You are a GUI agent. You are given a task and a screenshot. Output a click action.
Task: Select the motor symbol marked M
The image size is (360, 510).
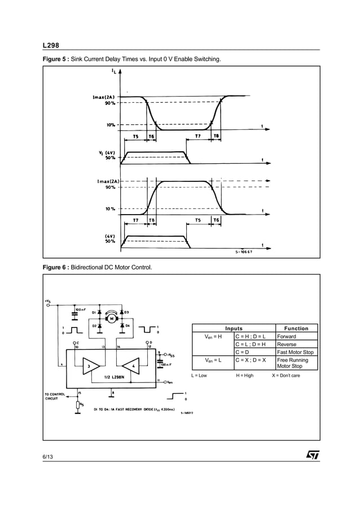(111, 319)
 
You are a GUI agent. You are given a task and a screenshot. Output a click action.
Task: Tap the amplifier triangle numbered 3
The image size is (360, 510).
(90, 366)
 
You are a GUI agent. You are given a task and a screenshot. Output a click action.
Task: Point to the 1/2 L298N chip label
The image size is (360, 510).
(115, 377)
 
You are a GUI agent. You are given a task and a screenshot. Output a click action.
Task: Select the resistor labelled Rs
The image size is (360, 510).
(77, 404)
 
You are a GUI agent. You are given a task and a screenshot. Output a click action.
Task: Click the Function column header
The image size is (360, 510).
(296, 328)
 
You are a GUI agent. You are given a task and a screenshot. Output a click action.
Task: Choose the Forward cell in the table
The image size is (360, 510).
(287, 336)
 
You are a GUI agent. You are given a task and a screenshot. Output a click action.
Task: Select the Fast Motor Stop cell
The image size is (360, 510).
(296, 352)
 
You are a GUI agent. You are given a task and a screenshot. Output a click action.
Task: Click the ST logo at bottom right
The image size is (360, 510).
(313, 455)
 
